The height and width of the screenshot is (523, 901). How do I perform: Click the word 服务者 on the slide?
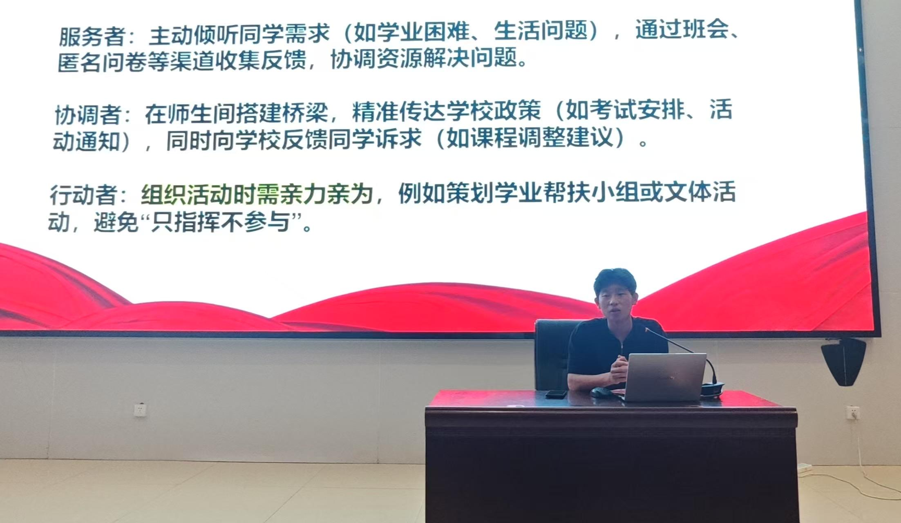pos(92,36)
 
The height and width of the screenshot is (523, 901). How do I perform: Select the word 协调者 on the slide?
pos(88,115)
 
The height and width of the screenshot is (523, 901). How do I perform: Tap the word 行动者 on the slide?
pos(83,194)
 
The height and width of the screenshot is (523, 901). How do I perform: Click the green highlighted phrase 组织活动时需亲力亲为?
pos(257,194)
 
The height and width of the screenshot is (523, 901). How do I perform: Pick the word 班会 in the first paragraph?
pos(707,31)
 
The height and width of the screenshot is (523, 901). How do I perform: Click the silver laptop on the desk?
pos(664,377)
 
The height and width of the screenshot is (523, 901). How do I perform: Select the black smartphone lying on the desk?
pos(556,394)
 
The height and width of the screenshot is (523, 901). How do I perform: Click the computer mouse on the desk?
pos(601,392)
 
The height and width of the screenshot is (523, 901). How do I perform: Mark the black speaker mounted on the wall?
pos(843,361)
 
